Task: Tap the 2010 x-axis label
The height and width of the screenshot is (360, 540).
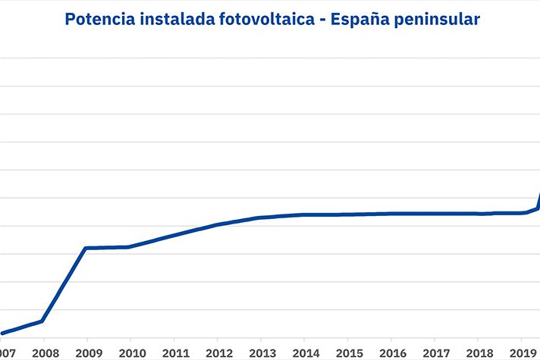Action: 131,353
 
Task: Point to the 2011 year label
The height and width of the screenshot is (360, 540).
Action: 174,353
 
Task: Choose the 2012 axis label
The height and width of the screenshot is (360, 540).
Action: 218,353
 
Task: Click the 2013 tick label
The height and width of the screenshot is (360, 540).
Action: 261,353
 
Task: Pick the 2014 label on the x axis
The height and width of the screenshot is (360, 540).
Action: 305,353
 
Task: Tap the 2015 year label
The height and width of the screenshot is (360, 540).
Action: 348,353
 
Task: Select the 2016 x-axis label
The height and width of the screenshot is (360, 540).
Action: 391,353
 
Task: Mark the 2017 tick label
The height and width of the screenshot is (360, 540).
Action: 435,353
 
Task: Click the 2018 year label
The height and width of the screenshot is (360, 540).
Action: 479,353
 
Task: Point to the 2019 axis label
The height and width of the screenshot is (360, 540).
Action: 522,353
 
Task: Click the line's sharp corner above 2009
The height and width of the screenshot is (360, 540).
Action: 86,248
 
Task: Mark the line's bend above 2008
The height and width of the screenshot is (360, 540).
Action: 42,321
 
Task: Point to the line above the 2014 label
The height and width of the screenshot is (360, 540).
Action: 305,214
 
